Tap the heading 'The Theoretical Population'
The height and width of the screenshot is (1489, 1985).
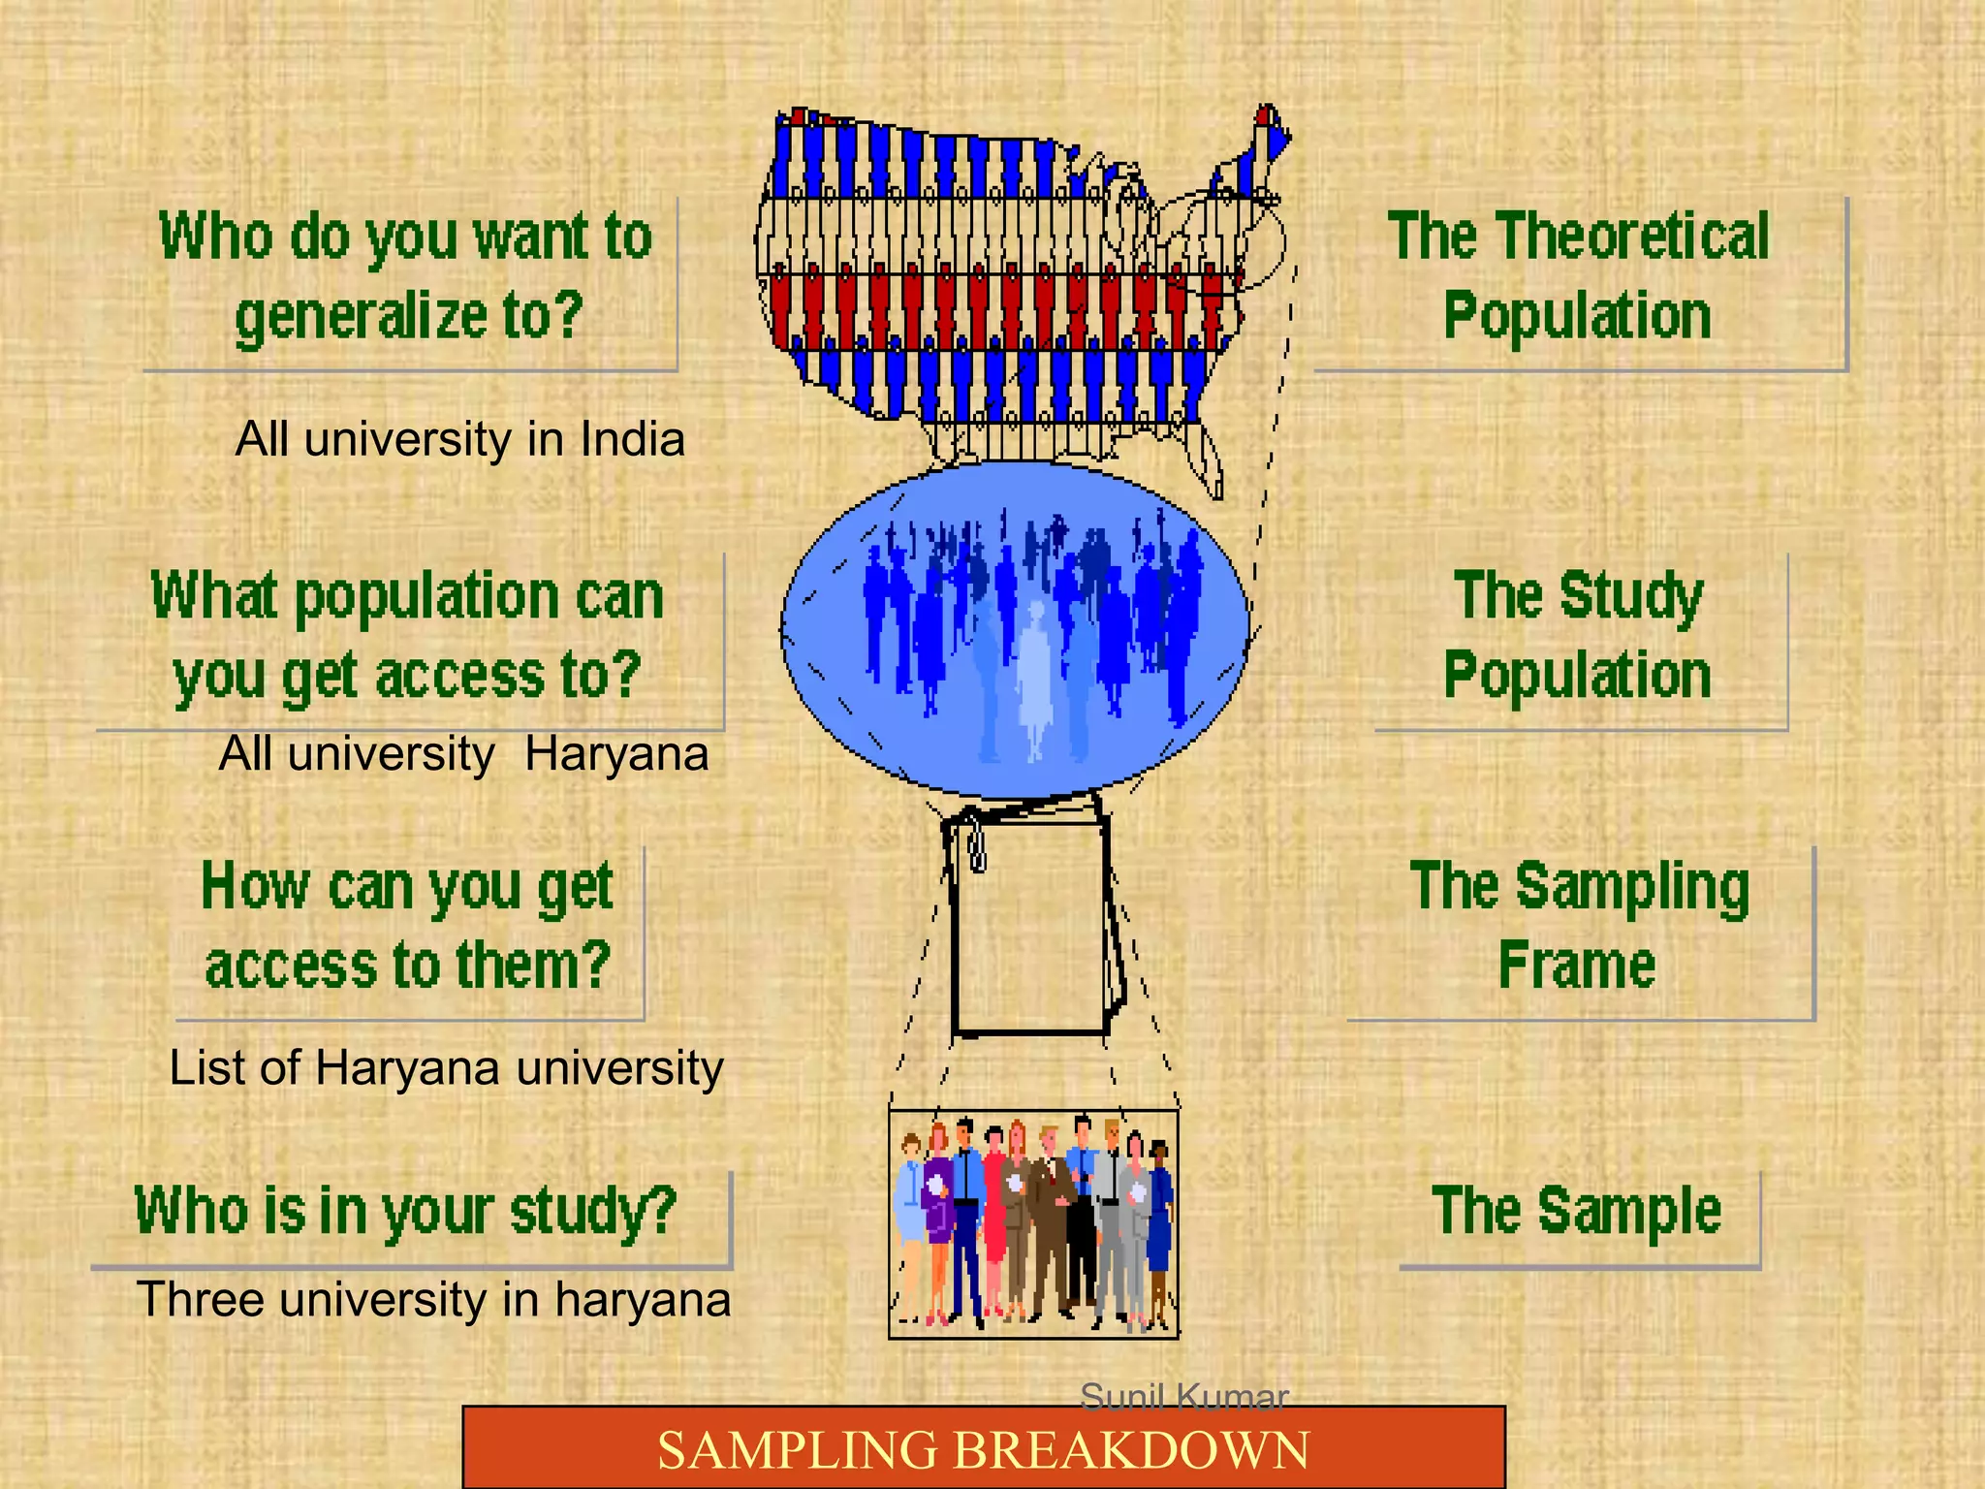(x=1578, y=276)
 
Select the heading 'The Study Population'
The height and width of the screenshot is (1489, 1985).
(x=1578, y=635)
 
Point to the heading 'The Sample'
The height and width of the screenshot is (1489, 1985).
(x=1577, y=1211)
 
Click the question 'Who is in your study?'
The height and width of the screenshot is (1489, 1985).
(x=406, y=1211)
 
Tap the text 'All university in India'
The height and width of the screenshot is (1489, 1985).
(x=460, y=439)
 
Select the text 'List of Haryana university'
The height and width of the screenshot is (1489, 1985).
(x=446, y=1068)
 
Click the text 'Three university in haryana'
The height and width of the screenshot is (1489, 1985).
(x=433, y=1300)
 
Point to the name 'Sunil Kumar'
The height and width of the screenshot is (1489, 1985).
(x=1183, y=1397)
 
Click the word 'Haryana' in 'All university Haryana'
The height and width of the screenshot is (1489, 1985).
(x=616, y=754)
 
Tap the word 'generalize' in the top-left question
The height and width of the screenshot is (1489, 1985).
(x=362, y=317)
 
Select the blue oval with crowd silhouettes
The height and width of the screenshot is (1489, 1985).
(x=1014, y=630)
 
